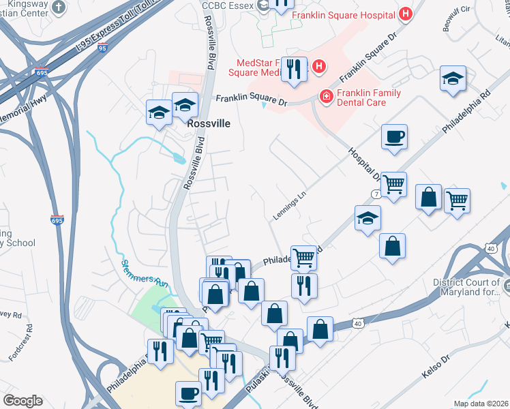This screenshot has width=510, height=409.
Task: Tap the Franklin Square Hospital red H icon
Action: click(x=406, y=13)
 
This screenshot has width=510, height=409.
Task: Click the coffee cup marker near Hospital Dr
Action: click(x=394, y=137)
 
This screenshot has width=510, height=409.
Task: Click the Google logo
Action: click(x=22, y=401)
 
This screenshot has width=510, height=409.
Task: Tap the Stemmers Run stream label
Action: click(x=144, y=273)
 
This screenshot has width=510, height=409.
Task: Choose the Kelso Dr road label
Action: click(x=437, y=366)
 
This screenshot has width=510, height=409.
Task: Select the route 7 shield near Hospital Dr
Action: click(x=376, y=194)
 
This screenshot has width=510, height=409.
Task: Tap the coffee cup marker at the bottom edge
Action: click(x=189, y=393)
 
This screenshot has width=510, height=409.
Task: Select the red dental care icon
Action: click(x=326, y=97)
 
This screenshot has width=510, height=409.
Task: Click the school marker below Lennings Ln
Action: click(x=367, y=219)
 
